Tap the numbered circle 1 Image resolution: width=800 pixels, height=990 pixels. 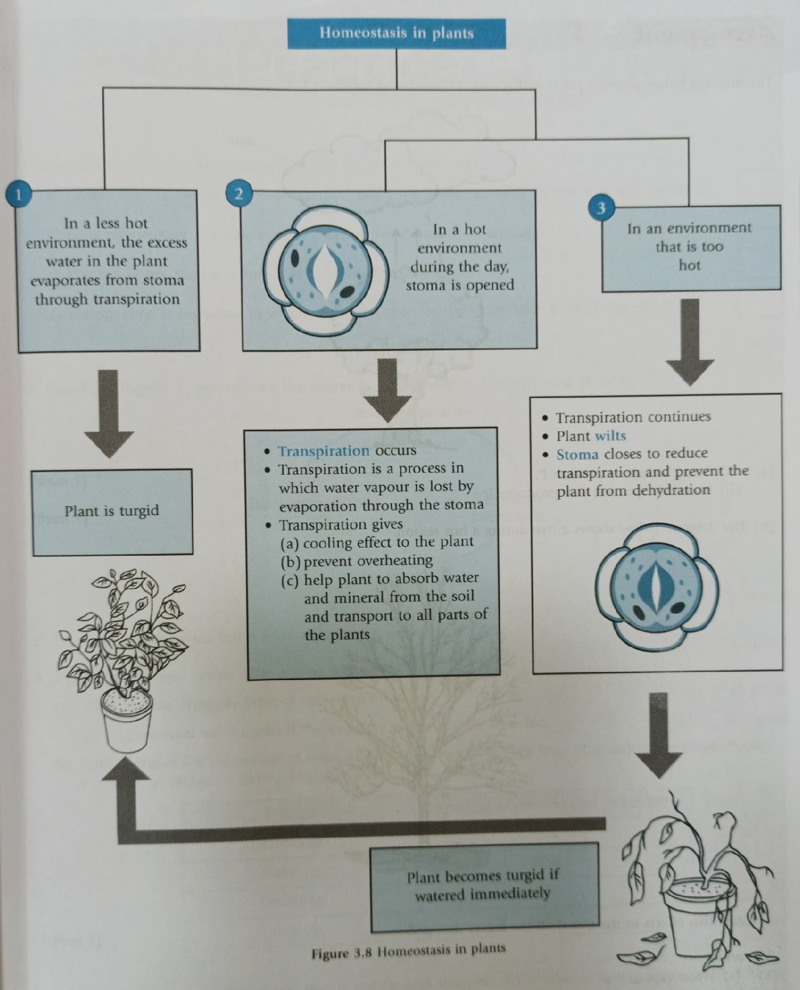point(18,195)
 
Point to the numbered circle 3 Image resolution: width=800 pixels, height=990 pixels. point(600,208)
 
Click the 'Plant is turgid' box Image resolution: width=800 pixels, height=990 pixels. point(112,511)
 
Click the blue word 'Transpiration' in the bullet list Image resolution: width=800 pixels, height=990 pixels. point(323,451)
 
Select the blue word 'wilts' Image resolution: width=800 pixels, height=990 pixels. point(609,436)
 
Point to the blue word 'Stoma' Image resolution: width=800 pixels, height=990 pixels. point(577,455)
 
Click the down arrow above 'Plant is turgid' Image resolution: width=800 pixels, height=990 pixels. point(109,412)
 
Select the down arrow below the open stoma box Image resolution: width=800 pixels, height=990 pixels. point(387,390)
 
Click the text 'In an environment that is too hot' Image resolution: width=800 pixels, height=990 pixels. point(689,247)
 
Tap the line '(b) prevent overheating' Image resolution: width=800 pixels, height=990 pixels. point(356,561)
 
